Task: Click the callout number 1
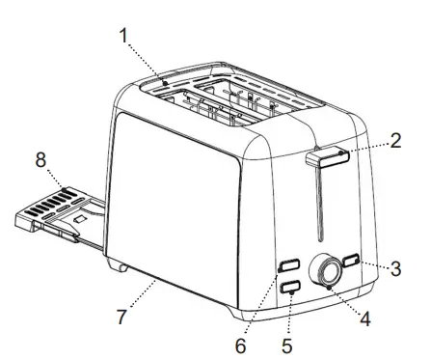click(123, 37)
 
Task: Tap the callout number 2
click(396, 142)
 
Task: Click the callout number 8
click(41, 160)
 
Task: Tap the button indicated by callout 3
click(351, 262)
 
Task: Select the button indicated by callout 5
click(288, 286)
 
